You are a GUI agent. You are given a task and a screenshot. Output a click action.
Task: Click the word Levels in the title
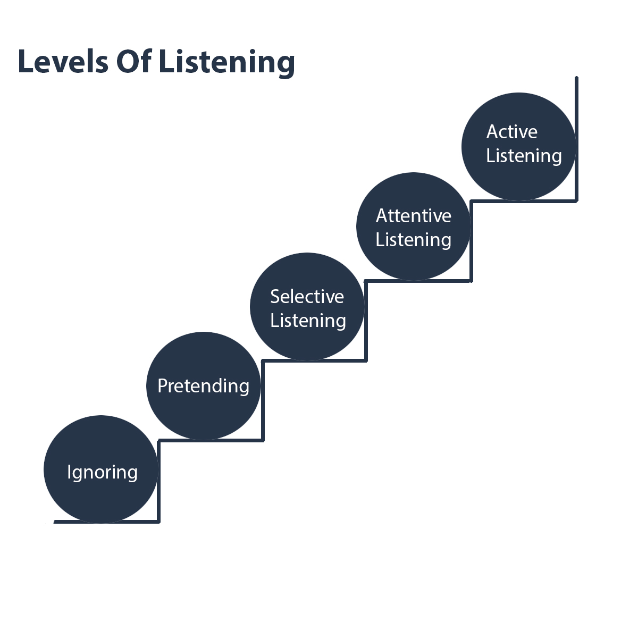(63, 61)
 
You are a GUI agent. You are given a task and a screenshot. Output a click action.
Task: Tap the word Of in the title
(134, 61)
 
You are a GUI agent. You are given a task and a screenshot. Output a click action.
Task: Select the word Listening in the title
(227, 63)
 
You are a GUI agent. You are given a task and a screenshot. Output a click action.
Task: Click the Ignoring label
(102, 473)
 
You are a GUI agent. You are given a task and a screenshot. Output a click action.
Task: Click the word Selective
(307, 296)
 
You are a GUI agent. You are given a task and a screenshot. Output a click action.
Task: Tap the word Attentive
(414, 216)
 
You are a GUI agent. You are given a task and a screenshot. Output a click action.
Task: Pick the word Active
(512, 132)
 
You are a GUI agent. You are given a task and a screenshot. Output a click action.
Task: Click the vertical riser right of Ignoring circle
(158, 481)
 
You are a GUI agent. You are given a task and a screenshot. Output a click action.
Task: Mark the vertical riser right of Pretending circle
(263, 401)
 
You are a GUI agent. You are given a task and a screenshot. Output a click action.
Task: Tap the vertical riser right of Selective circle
(366, 321)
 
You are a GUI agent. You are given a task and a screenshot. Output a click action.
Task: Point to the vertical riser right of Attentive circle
(471, 241)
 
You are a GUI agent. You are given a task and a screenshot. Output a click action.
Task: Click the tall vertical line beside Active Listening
(576, 139)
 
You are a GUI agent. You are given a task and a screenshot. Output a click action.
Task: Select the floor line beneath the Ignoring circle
(107, 522)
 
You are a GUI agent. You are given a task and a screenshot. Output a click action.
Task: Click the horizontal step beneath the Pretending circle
(211, 440)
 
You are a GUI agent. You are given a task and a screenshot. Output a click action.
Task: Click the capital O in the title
(127, 61)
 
